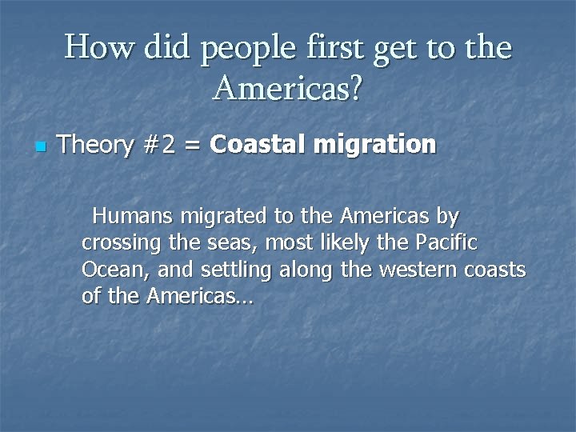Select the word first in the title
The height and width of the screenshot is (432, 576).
[x=331, y=48]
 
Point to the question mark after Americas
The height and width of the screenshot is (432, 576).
[x=354, y=89]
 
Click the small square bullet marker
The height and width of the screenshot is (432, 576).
[x=41, y=147]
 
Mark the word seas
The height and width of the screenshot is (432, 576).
[x=237, y=243]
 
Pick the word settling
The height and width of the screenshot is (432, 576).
[x=235, y=270]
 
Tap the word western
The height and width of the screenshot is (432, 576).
[x=417, y=270]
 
